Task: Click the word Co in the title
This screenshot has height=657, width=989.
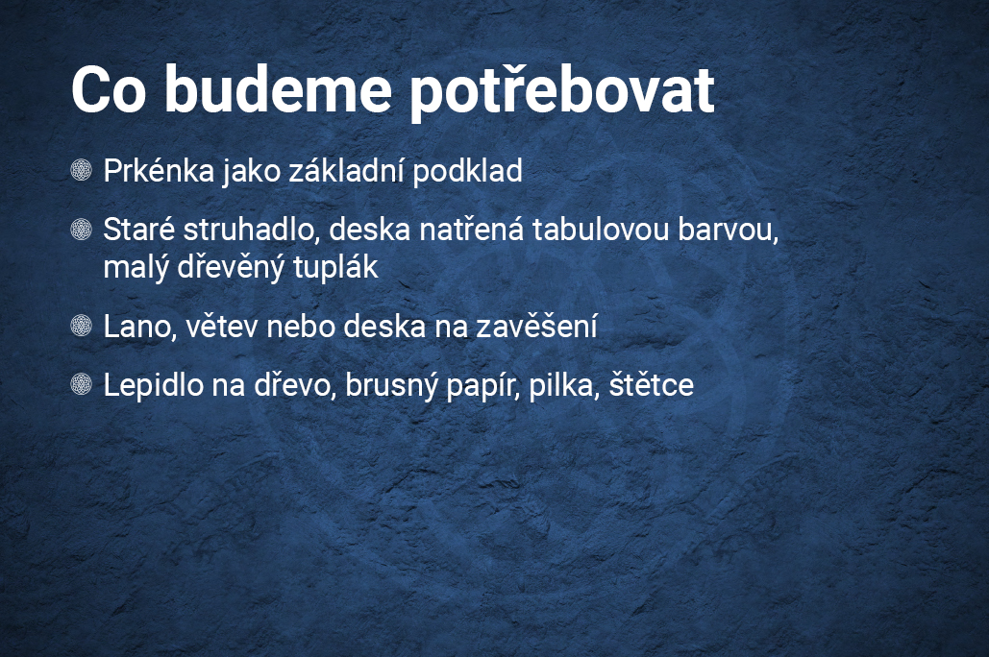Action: point(109,89)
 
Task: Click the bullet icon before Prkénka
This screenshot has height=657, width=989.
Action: point(82,170)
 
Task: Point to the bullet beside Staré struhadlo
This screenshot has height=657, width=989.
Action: point(82,229)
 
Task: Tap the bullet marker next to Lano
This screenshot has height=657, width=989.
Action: point(82,326)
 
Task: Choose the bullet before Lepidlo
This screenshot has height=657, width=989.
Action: point(82,383)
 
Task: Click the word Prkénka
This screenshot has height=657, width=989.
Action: point(159,170)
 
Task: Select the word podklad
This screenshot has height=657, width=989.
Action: point(467,170)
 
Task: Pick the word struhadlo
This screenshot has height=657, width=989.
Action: point(249,229)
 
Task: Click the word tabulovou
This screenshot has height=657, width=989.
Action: point(600,229)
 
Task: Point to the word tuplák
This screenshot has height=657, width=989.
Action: point(335,267)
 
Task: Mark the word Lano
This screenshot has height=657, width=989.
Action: point(140,327)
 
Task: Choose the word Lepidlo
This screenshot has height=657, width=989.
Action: point(153,384)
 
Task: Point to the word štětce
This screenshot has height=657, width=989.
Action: point(652,383)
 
